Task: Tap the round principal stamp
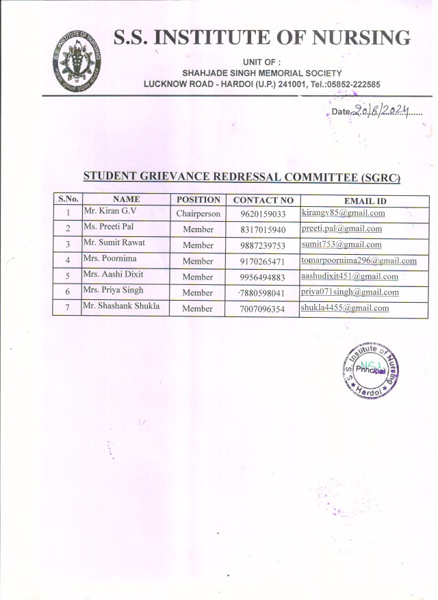point(372,371)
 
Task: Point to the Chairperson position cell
point(198,214)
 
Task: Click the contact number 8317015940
point(263,229)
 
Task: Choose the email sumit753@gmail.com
point(342,245)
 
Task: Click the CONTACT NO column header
point(263,200)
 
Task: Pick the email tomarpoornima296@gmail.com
point(359,260)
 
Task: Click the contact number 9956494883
point(263,277)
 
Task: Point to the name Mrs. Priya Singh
point(113,290)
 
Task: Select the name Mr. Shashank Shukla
point(120,306)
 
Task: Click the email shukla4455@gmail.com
point(344,308)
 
